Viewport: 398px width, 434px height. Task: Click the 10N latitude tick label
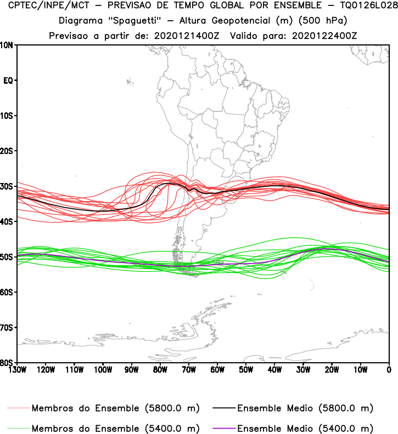pyautogui.click(x=8, y=45)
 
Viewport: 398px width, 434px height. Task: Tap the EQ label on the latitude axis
pyautogui.click(x=8, y=81)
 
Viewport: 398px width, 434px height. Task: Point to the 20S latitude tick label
pyautogui.click(x=8, y=151)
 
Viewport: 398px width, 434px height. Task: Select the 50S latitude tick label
pyautogui.click(x=8, y=257)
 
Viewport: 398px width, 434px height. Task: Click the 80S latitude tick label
pyautogui.click(x=8, y=363)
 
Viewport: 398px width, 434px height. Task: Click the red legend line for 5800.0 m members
pyautogui.click(x=19, y=408)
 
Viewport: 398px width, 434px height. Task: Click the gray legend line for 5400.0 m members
pyautogui.click(x=19, y=428)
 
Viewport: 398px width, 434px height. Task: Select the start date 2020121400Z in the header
pyautogui.click(x=187, y=35)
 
